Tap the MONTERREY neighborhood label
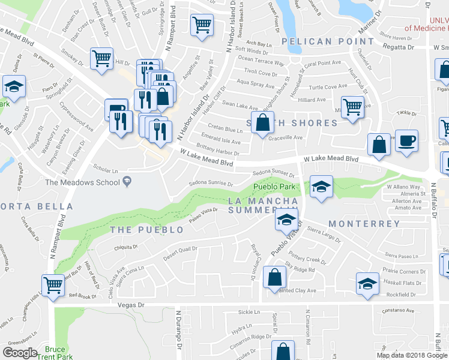(x=364, y=224)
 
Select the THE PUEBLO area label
(x=147, y=230)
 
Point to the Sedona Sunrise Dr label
(x=210, y=183)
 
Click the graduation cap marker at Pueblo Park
(x=322, y=185)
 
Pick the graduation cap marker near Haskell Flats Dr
(x=367, y=283)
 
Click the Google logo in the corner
(x=20, y=353)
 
